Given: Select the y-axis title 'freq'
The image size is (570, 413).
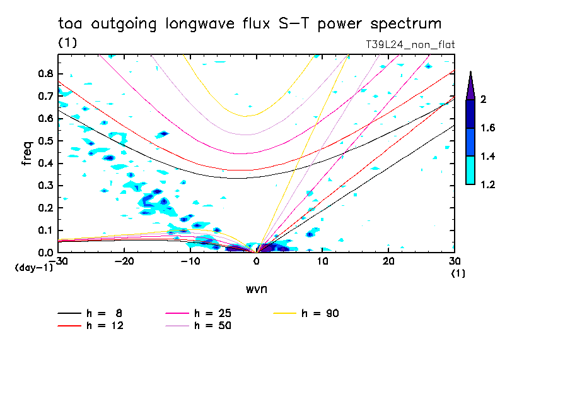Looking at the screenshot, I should [27, 153].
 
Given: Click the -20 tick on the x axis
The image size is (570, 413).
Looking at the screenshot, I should [124, 261].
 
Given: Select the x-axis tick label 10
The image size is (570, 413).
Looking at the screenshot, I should [322, 261].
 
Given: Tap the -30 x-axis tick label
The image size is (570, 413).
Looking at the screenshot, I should [58, 261].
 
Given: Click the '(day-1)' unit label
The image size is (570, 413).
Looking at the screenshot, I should [32, 268].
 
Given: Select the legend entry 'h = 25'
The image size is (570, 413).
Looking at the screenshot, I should [212, 313].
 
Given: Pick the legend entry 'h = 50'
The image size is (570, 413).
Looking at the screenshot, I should [212, 326].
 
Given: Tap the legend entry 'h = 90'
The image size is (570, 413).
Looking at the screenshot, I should [321, 313].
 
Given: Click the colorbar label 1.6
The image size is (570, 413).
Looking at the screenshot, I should [487, 128].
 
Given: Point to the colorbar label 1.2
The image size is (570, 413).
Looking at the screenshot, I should [487, 185].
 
